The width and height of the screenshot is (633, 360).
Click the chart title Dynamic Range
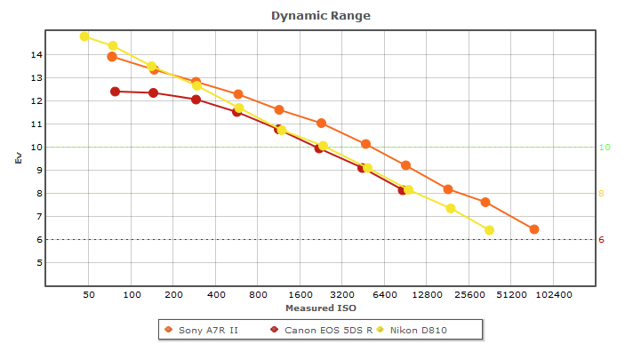click(320, 16)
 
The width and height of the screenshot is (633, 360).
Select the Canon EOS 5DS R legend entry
click(320, 331)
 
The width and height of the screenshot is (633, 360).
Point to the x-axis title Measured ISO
click(320, 308)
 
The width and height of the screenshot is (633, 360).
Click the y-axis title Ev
click(18, 158)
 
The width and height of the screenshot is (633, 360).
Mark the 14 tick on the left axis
click(36, 55)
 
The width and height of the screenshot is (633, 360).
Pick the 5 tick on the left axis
click(36, 263)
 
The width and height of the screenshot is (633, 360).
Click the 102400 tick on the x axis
click(554, 294)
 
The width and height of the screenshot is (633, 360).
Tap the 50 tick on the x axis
click(89, 294)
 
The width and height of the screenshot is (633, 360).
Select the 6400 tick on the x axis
click(385, 294)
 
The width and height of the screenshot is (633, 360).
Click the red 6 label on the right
click(601, 240)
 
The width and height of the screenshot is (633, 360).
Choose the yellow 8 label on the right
click(601, 194)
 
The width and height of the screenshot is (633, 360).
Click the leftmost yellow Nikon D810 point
click(84, 36)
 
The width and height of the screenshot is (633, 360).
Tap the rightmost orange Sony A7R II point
click(534, 229)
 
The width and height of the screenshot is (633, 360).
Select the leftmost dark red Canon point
click(115, 92)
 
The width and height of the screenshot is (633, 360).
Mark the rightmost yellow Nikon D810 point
click(489, 230)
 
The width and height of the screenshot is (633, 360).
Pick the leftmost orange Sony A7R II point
click(112, 57)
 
